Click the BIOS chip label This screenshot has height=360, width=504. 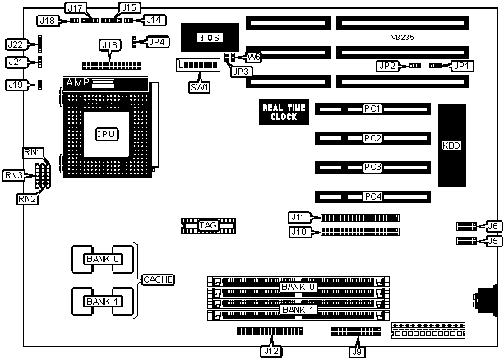211,37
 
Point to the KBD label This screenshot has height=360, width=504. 451,145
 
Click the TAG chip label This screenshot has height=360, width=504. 197,224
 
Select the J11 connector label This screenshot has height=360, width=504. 298,217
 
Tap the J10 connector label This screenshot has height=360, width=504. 298,232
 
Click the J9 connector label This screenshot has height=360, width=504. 356,351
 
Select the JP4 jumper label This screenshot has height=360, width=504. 156,41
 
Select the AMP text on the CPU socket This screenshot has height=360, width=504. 76,83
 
